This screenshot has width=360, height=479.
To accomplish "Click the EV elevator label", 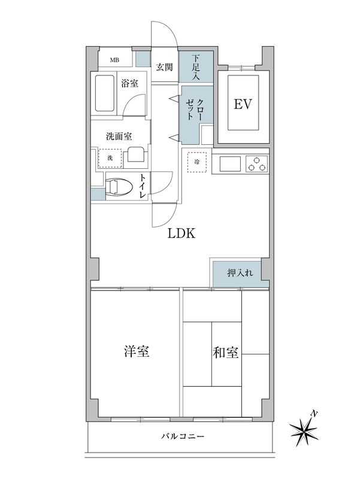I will coord(242,105).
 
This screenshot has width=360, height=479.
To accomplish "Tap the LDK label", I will coord(181,234).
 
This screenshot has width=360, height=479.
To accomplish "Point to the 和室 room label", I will coord(226,352).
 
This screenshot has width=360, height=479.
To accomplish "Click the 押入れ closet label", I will coord(240,273).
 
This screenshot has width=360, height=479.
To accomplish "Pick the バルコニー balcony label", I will coord(183,437).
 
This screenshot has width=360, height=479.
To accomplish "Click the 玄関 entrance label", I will coord(165,67).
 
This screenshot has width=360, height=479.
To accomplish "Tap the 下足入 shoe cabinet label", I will coord(196,68).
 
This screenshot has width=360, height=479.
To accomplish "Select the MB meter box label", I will coord(113,60).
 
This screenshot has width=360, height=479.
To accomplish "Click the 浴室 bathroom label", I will coord(129,83).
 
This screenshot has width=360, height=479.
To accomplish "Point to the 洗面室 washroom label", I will coord(119,136).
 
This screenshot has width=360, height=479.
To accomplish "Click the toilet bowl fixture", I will coord(118,187).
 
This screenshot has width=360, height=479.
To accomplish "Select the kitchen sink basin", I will coord(229,163).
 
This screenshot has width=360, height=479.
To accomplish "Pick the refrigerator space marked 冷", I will coord(197,162).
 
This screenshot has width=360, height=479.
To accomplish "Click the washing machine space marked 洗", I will coord(110,157).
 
